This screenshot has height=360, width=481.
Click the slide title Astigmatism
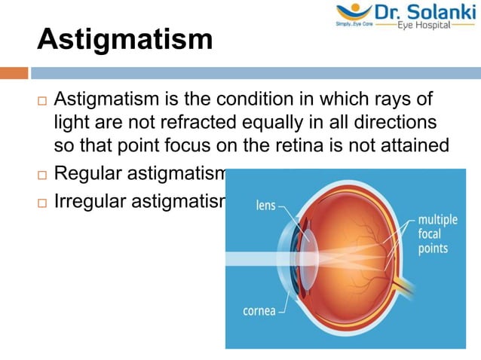[124, 39]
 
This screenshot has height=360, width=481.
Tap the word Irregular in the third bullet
[87, 201]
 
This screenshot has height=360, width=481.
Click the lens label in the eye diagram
[266, 204]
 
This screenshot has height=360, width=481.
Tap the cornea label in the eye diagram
[259, 310]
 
